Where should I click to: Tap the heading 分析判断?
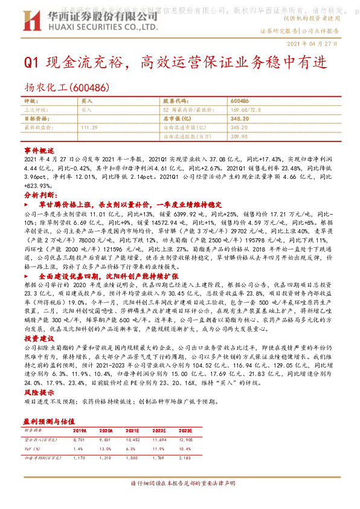pyautogui.click(x=39, y=196)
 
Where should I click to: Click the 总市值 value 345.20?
pyautogui.click(x=240, y=120)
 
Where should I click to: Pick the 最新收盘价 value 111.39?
pyautogui.click(x=89, y=128)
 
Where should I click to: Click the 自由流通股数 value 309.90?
pyautogui.click(x=240, y=137)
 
